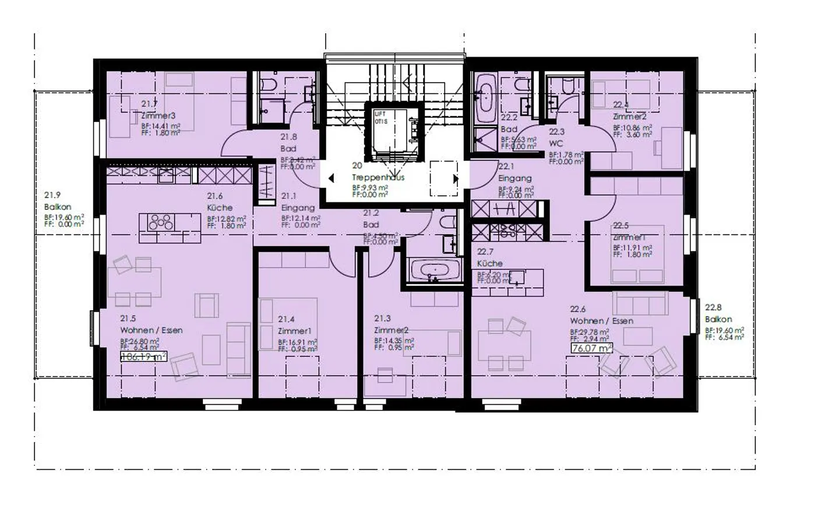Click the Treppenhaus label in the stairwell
coord(378,177)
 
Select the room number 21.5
coord(128,318)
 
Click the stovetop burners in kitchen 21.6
coord(160,222)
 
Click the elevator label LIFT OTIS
coord(380,117)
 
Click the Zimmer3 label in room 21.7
coord(158,115)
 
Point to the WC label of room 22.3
coord(556,143)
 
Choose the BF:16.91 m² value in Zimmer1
coord(297,342)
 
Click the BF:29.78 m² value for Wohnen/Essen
coord(589,332)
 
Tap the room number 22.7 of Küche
coord(485,252)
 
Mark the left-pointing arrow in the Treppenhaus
coord(331,178)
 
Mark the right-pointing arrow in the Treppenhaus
coord(456,178)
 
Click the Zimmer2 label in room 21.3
coord(391,330)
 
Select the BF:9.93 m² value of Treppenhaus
coord(369,188)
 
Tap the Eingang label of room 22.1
coord(514,178)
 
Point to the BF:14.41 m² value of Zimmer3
coord(160,125)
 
